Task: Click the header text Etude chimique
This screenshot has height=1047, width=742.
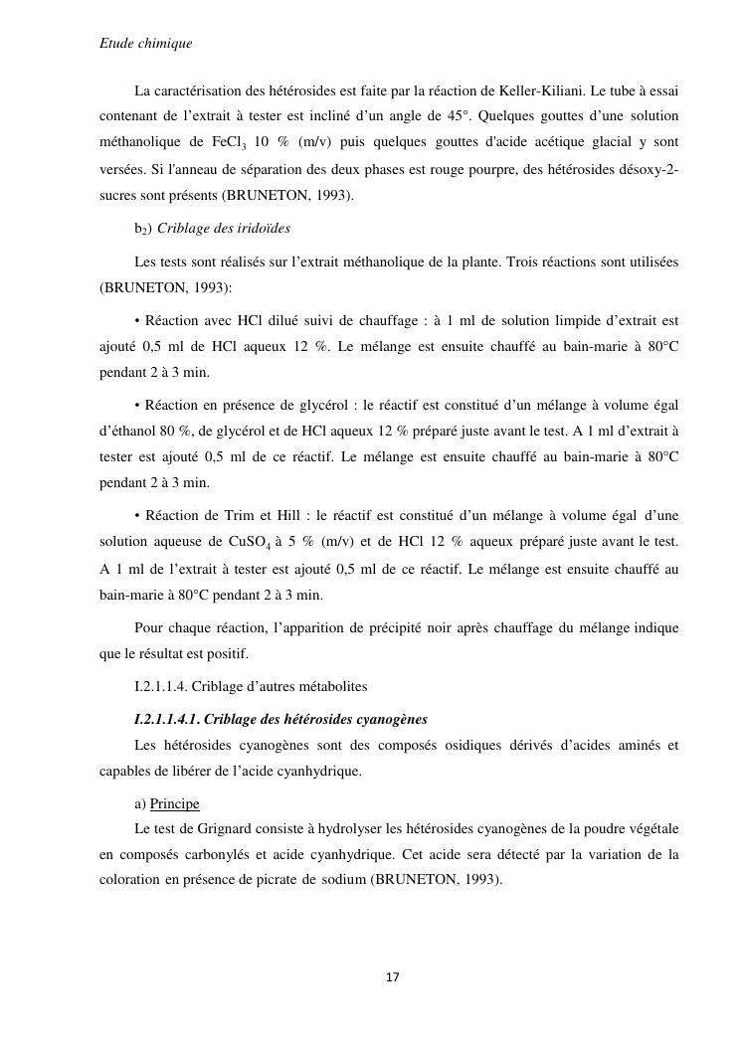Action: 146,44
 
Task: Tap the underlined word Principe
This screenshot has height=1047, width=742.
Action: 175,803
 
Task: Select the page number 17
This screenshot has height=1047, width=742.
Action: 392,978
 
